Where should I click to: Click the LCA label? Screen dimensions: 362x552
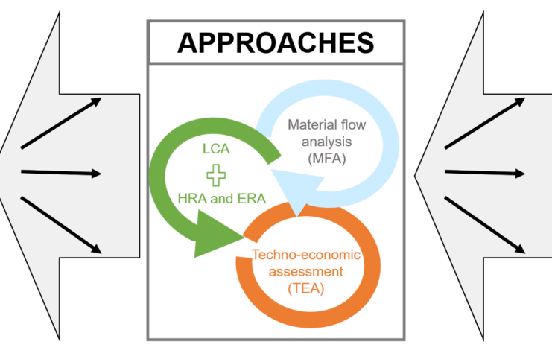[215, 149]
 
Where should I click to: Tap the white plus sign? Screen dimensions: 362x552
[216, 175]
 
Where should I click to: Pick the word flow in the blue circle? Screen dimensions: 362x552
[352, 125]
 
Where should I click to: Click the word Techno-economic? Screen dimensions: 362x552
[305, 255]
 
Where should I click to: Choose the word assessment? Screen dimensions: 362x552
[305, 271]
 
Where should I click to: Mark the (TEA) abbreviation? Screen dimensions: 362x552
[305, 288]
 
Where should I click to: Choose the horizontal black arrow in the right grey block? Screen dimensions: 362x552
[485, 173]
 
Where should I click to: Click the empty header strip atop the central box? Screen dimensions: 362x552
[276, 43]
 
